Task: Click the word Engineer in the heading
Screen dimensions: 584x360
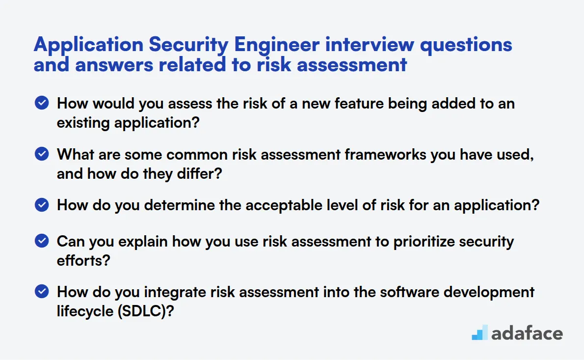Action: point(277,45)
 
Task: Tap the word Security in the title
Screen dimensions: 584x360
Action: point(188,45)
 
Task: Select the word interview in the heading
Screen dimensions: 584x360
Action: point(370,44)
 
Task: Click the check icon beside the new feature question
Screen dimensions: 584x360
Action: point(42,103)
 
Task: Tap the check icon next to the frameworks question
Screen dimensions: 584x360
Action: point(42,154)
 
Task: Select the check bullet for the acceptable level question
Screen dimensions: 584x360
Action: point(42,205)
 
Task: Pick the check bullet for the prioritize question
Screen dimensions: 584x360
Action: point(42,241)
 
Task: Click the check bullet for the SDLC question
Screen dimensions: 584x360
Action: point(42,291)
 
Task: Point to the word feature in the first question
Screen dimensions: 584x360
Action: point(359,104)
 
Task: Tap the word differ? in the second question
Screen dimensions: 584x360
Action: point(199,174)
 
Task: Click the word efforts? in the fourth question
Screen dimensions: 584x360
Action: point(83,261)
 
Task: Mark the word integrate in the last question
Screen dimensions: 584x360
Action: point(175,293)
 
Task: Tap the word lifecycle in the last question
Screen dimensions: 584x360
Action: point(85,311)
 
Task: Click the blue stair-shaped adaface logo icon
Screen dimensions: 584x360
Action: point(480,332)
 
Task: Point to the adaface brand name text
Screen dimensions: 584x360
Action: point(527,333)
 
